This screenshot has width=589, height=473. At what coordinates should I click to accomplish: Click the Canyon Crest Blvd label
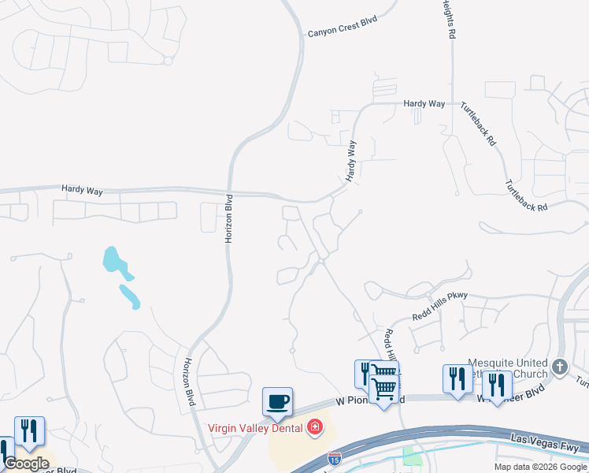pos(344,26)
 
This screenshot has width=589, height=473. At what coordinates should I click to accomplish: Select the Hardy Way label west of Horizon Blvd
pos(83,189)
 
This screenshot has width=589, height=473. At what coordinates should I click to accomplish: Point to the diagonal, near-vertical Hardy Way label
pos(350,162)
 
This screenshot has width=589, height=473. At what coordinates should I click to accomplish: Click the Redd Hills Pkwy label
pos(439,306)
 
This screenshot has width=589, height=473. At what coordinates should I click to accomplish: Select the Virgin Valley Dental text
pos(257,428)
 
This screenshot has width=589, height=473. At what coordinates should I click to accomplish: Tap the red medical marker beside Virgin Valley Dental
pos(316,428)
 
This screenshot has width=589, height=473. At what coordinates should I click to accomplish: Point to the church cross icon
pos(559,367)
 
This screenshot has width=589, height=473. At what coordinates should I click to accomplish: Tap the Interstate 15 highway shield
pos(335,457)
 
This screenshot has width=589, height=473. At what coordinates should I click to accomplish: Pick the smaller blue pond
pos(129,296)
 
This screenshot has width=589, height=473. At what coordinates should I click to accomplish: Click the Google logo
pos(26,464)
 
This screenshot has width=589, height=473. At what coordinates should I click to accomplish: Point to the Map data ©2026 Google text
pos(540,467)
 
